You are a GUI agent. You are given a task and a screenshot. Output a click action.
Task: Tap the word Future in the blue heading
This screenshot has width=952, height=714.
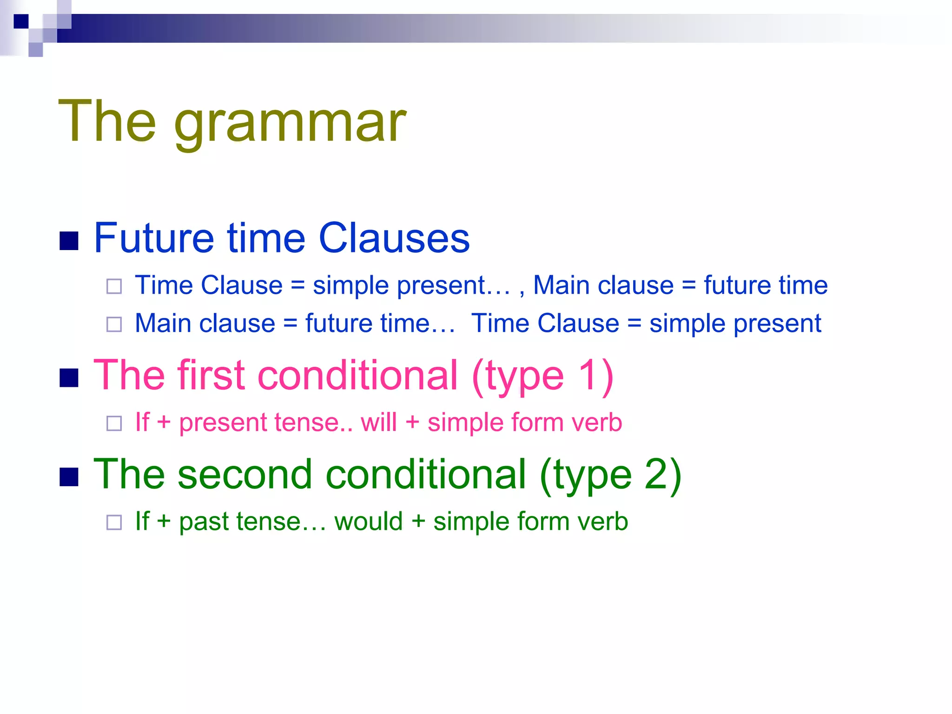pos(154,238)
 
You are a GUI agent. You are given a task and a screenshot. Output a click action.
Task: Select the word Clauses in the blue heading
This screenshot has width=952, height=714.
pos(394,238)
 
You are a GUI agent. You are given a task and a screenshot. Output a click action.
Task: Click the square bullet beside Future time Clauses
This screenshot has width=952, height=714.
pos(69,241)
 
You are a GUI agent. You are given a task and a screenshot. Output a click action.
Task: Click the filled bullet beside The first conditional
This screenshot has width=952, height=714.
pos(69,377)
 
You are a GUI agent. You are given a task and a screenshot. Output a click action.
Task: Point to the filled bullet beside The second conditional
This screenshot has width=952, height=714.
pos(69,476)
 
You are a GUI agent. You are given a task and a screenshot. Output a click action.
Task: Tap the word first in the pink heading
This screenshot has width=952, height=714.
pos(211,375)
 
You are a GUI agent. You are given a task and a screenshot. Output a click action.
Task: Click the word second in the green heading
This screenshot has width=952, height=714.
pos(244,474)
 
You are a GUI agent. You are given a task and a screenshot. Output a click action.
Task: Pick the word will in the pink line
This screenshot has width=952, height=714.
pos(379,423)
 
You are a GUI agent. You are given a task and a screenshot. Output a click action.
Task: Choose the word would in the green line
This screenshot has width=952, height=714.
pos(368,522)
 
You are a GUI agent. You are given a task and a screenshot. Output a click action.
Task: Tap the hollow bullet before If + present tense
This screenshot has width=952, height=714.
pos(114,423)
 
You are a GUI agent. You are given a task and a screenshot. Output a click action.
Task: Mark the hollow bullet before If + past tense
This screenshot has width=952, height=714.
pos(114,522)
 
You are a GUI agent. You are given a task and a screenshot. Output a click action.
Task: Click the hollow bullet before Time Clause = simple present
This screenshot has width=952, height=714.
pos(114,286)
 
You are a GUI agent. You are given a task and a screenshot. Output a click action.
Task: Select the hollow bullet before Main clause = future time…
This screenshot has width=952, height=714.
pos(114,324)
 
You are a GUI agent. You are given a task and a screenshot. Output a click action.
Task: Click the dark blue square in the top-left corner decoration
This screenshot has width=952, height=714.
pos(21,21)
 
